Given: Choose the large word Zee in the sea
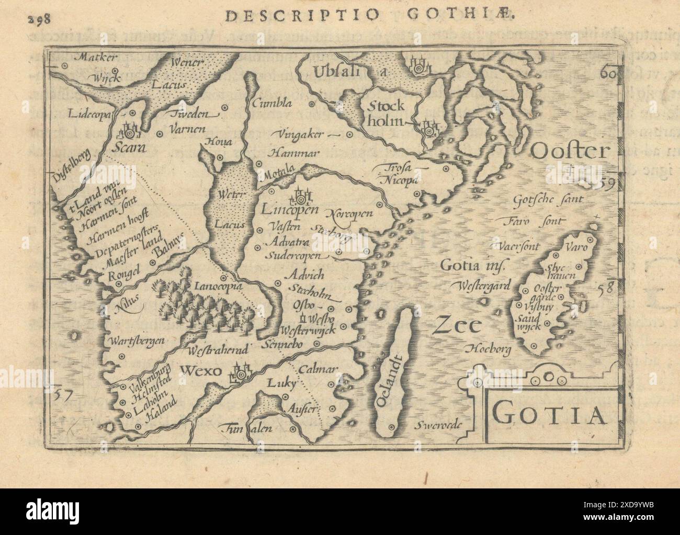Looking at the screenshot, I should pos(456,326).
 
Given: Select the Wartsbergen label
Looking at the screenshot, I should pos(137,340).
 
